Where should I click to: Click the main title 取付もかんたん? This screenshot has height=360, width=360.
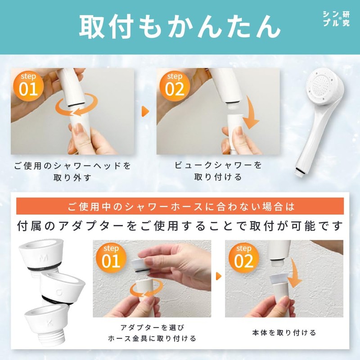coord(180,27)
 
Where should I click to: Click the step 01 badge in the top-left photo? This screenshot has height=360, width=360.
coord(28,85)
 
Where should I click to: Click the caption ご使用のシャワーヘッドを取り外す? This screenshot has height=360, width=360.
coord(72,171)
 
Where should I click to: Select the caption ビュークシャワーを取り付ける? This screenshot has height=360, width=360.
coord(218,171)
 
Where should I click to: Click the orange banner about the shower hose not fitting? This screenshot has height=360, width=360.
coord(180,207)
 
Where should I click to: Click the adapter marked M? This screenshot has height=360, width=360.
coord(43,256)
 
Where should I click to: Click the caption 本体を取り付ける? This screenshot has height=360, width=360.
coord(283,333)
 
